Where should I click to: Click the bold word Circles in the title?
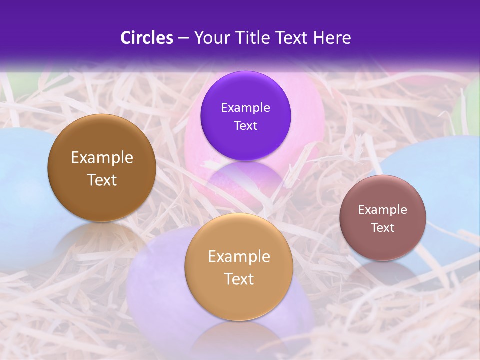click(x=146, y=38)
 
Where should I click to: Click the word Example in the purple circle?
click(x=245, y=108)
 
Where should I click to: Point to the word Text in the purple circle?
click(x=245, y=126)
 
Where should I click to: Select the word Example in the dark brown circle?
click(x=102, y=158)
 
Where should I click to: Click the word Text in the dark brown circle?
click(x=102, y=180)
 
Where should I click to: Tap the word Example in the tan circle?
click(x=239, y=257)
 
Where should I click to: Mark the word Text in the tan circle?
click(x=239, y=279)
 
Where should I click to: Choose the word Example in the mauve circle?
click(x=383, y=210)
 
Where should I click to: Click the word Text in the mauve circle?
click(x=383, y=228)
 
